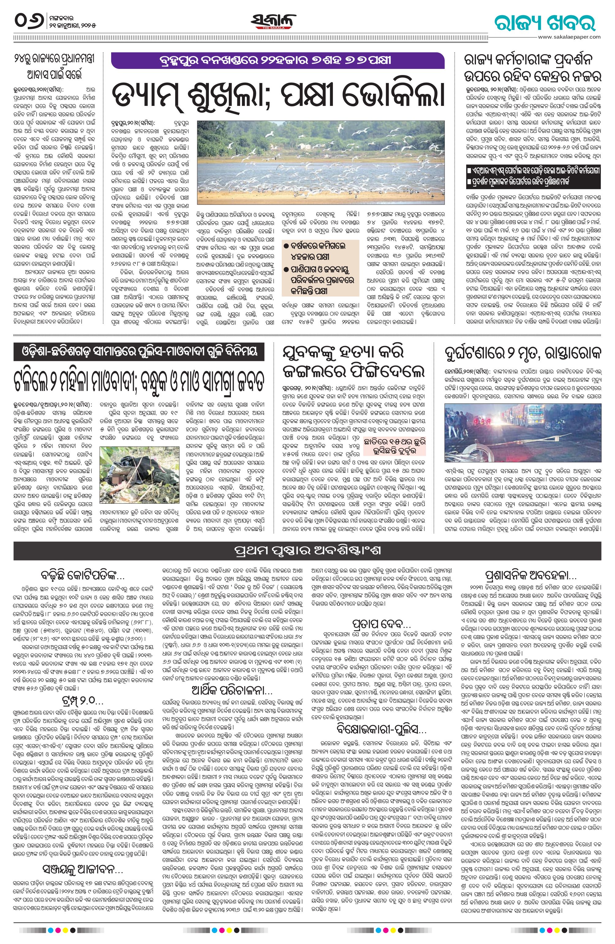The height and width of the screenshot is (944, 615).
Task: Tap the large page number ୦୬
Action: pyautogui.click(x=31, y=20)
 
